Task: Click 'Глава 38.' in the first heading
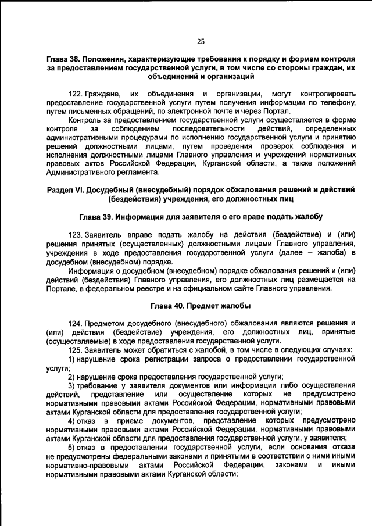pos(66,60)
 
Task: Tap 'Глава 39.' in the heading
pos(98,216)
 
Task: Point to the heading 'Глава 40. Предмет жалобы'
pos(201,306)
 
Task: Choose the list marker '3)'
pos(72,385)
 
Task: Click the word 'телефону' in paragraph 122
pos(338,103)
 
